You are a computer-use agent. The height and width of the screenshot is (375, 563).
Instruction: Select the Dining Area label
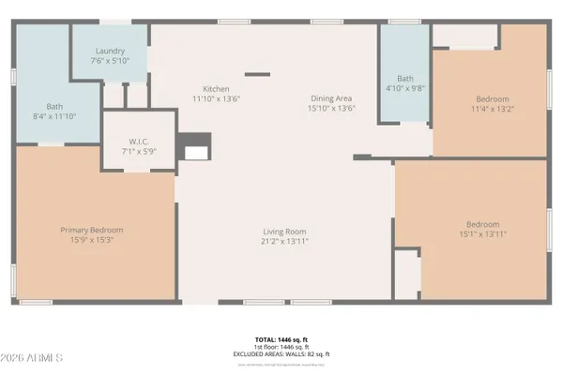point(332,98)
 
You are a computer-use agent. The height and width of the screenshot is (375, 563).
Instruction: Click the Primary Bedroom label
point(92,230)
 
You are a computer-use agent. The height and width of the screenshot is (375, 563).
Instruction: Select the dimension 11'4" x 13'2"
point(493,107)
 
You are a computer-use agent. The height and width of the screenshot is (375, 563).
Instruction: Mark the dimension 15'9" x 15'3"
point(92,239)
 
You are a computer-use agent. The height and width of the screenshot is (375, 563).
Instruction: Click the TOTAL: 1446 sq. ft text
point(281,341)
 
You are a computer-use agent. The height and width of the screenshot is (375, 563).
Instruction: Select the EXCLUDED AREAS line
point(281,353)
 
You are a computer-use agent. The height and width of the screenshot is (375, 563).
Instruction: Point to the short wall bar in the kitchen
point(256,74)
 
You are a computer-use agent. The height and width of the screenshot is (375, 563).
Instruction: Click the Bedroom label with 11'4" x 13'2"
point(493,98)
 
